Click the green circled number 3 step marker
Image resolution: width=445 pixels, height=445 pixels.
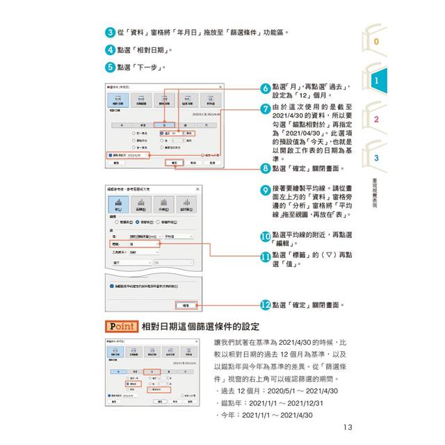[110, 33]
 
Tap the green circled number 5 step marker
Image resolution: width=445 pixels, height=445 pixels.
[110, 67]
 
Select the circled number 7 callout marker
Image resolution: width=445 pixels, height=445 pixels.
[265, 108]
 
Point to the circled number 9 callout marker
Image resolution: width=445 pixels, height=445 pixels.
[265, 189]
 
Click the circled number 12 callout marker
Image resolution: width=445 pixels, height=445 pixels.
[265, 305]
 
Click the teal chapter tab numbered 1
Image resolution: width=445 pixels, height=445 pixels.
[377, 81]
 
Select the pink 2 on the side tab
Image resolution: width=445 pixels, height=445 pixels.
[376, 120]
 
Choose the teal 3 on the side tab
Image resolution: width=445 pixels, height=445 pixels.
[376, 158]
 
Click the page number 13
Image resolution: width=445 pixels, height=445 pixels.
[348, 428]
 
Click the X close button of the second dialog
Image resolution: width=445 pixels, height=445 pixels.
[196, 190]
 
